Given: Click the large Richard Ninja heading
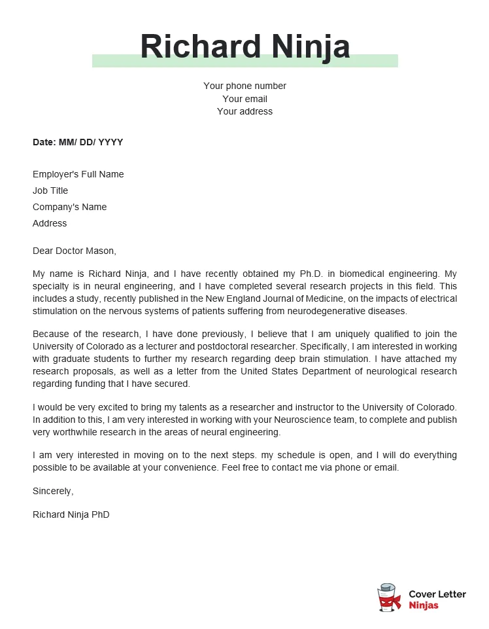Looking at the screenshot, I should coord(244,46).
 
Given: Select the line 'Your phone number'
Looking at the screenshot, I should coord(244,86).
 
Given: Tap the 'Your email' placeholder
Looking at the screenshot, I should coord(244,99).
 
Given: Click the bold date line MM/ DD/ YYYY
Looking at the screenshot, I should coord(78,142).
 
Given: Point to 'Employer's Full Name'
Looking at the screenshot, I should coord(78,174).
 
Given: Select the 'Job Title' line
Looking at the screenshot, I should coord(50,190).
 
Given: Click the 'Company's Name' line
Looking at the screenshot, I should coord(69,207).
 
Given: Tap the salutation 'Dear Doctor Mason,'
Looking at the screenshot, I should coord(74,250).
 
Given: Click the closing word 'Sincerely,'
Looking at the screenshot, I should coord(53,491).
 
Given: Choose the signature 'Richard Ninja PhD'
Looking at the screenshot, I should coord(71,514).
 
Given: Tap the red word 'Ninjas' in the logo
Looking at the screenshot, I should coord(424,605).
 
